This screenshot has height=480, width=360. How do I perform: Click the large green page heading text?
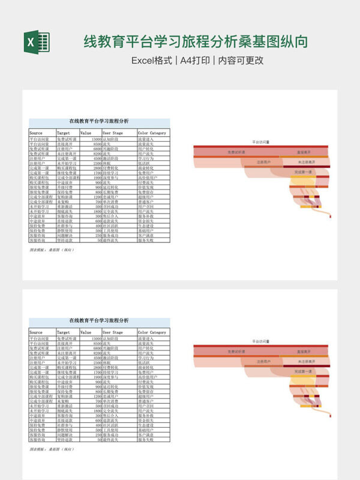click(x=196, y=41)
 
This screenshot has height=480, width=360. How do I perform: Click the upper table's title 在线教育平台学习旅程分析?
click(x=99, y=121)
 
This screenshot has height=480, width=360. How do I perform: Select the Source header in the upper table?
click(x=36, y=133)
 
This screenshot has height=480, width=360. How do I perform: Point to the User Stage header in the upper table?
click(x=113, y=133)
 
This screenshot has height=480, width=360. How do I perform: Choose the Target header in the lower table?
click(x=64, y=332)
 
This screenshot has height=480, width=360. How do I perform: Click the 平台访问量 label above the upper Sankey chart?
click(x=260, y=142)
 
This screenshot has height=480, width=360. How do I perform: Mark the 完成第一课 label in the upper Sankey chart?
click(x=304, y=172)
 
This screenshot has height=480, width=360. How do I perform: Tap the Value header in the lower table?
click(x=86, y=332)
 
